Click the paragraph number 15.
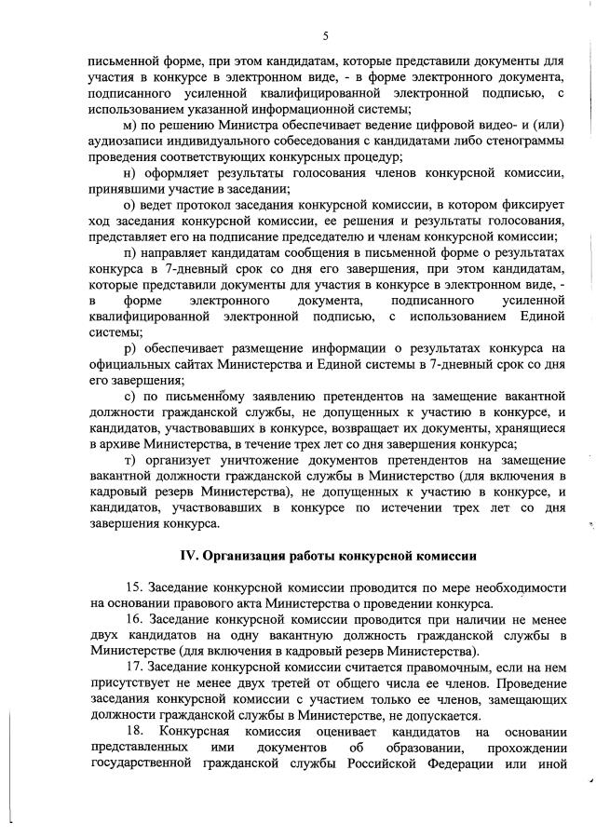tap(131, 587)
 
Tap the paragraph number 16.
tap(131, 619)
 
